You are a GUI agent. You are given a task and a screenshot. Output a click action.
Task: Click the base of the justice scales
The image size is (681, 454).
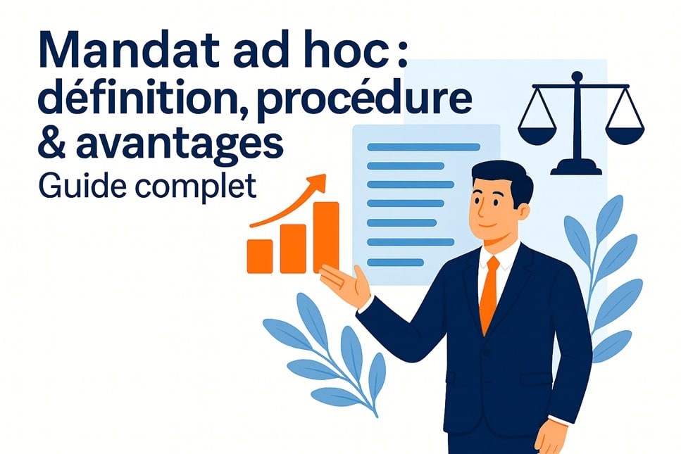(576, 168)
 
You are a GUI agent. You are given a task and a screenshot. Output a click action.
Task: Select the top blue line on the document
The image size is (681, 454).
(423, 147)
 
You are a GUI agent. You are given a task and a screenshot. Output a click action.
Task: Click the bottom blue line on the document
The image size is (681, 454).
(395, 262)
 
